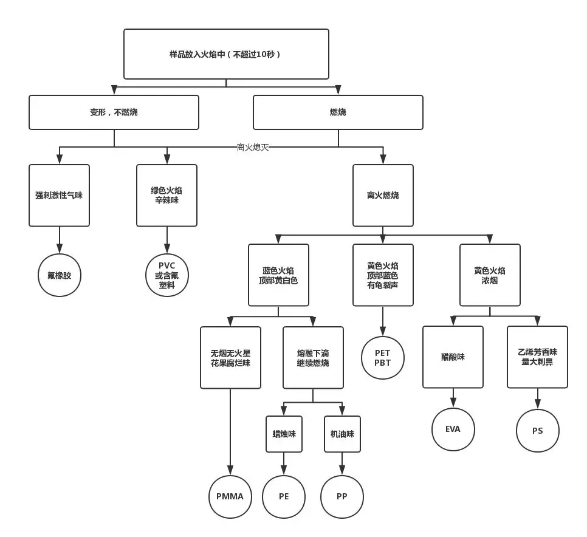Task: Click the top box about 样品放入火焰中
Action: pos(226,54)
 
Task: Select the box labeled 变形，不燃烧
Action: pos(114,112)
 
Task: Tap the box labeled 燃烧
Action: pos(338,112)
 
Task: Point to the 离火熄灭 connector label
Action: pos(253,147)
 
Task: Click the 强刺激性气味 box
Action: pos(59,195)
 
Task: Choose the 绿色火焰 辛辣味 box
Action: pos(166,195)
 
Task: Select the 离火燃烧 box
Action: pos(383,195)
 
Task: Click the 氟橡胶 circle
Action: pos(60,275)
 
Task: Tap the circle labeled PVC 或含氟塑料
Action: pos(167,275)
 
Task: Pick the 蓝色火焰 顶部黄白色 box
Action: pos(278,275)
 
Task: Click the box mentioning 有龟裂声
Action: pos(383,275)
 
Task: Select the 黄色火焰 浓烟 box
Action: pos(490,275)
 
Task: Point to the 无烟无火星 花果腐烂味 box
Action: pos(230,357)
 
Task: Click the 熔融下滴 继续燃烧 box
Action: pos(313,357)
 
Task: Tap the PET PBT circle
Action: pos(383,358)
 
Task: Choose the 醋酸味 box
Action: pos(453,357)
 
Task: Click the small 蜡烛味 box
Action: pos(284,434)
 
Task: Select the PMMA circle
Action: pos(230,496)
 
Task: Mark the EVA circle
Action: pos(453,429)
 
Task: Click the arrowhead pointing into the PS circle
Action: pos(537,404)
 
